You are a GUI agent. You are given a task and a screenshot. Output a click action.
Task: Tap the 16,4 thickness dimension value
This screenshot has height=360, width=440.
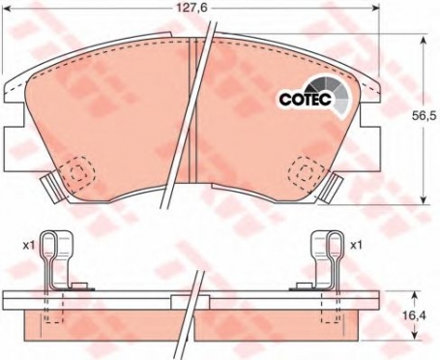coord(416,315)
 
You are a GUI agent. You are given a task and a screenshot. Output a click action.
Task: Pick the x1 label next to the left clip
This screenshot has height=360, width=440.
coord(29,243)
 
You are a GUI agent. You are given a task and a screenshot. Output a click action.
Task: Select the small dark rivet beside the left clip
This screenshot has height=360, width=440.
coord(81,285)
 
